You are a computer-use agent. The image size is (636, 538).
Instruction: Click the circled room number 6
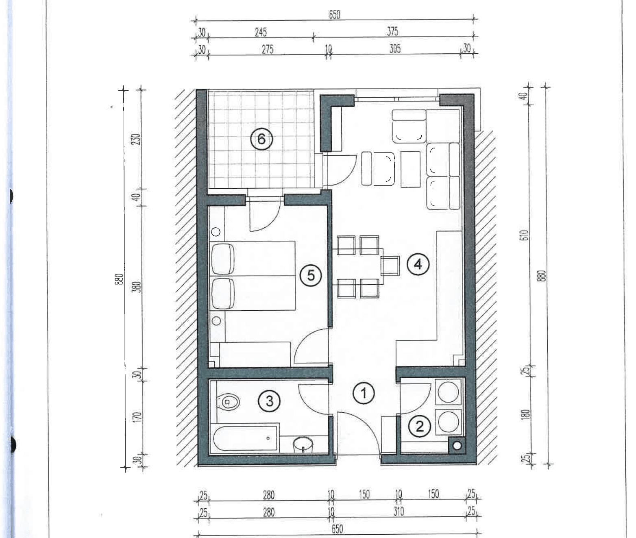(261, 139)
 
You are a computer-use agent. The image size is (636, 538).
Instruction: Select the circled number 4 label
(418, 264)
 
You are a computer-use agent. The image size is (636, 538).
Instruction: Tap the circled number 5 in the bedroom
(310, 275)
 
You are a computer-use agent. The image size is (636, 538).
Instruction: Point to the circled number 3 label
(269, 401)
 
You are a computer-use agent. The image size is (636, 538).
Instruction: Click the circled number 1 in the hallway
(364, 393)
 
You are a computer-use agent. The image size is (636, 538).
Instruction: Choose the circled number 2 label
(420, 426)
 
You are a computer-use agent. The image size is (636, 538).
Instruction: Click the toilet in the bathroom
(228, 402)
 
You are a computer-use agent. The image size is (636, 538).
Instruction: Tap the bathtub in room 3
(245, 438)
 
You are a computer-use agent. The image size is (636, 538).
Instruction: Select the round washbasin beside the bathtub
(303, 445)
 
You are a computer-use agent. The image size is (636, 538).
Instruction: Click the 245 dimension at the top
(261, 32)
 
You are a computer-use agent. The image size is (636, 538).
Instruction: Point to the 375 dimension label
(392, 31)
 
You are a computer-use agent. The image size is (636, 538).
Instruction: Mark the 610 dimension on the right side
(525, 235)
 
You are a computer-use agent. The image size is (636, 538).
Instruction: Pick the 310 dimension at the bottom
(399, 512)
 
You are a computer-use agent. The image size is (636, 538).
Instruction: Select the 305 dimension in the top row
(395, 49)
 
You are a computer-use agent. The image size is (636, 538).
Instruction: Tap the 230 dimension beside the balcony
(137, 139)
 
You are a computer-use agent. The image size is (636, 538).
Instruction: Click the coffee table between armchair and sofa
(410, 169)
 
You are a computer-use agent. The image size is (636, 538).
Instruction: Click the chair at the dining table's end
(390, 266)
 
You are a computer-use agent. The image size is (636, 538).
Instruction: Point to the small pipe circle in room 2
(457, 445)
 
